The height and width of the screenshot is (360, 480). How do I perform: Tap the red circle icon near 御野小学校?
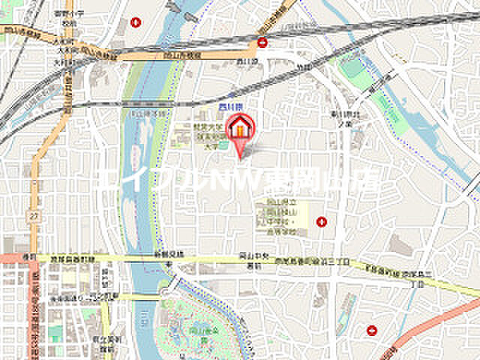point(135,22)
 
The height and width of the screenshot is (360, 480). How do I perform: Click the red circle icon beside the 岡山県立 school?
point(322,221)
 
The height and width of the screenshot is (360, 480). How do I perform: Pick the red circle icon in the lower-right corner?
point(372,330)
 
